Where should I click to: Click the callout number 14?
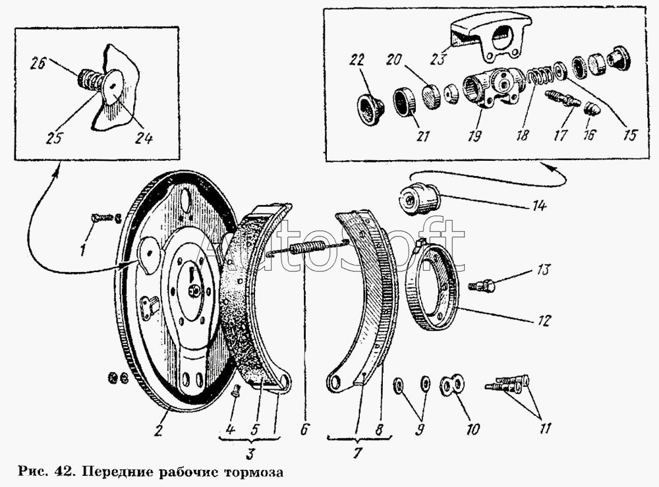click(x=539, y=206)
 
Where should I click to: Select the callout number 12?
click(x=542, y=321)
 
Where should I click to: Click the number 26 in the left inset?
click(x=38, y=63)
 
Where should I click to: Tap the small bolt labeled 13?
click(x=481, y=286)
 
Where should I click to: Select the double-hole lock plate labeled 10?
click(x=452, y=386)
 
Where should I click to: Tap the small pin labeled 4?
click(x=236, y=391)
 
